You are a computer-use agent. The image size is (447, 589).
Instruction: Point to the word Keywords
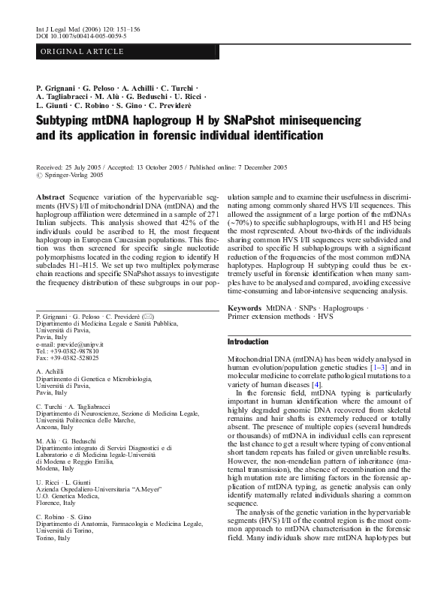point(244,308)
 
